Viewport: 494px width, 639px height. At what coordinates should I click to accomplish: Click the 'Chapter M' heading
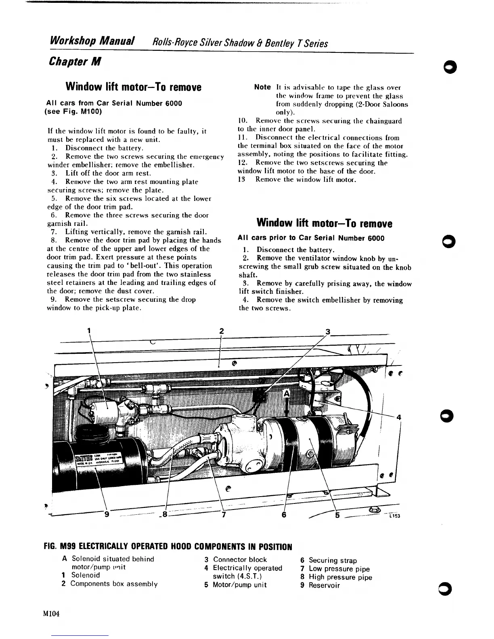pos(74,61)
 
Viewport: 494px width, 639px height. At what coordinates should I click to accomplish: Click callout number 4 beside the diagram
pos(398,418)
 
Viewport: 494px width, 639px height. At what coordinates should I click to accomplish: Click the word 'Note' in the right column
pos(262,87)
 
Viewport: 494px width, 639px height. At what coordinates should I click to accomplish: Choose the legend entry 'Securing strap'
pos(333,560)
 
